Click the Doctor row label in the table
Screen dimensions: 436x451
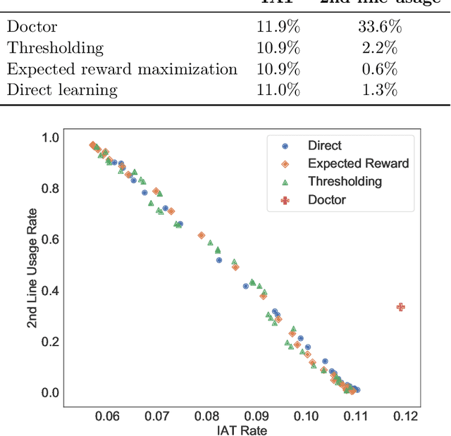click(32, 27)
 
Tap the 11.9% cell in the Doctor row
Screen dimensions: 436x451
click(279, 27)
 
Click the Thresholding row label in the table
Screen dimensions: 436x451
click(55, 49)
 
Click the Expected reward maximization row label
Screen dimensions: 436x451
click(122, 70)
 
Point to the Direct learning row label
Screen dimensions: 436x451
click(62, 90)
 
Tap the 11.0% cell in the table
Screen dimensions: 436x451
click(279, 90)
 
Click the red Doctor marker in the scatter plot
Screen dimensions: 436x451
click(401, 307)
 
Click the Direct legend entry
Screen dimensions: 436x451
click(324, 146)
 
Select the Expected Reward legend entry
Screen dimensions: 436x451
click(358, 163)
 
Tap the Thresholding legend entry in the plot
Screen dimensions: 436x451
click(345, 181)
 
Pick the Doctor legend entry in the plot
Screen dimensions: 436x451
click(326, 199)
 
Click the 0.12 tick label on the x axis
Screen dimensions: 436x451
click(405, 416)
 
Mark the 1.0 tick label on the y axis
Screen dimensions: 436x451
click(50, 137)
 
